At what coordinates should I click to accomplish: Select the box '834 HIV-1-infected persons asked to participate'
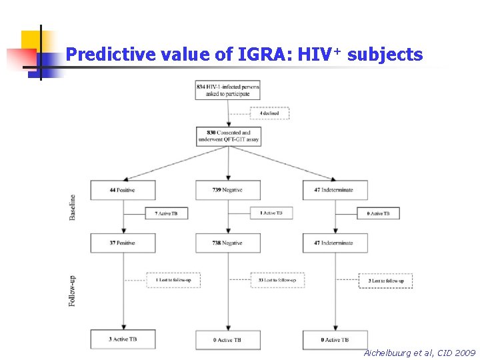point(227,90)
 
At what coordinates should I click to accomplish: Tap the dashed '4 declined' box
point(269,113)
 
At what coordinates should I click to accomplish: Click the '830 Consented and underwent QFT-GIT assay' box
point(229,137)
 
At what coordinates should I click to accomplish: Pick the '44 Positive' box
point(123,190)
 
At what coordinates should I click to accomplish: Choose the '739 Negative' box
point(228,190)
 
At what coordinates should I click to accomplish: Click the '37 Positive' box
point(123,243)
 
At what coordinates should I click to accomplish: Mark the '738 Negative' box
point(228,243)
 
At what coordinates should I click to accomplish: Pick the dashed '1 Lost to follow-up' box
point(173,281)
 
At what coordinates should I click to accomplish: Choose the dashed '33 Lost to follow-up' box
point(277,281)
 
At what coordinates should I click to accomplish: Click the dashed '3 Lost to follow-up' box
point(385,281)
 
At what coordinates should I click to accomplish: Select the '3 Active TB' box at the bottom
point(123,340)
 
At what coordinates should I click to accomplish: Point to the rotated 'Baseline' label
point(73,207)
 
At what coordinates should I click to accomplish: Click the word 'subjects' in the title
point(385,54)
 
